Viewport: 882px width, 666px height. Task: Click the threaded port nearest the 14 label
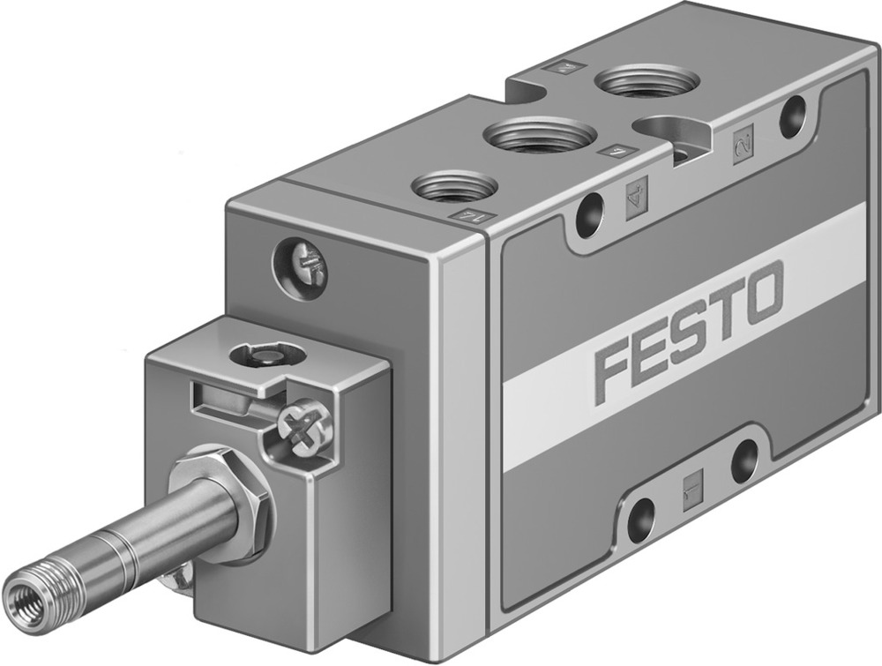point(455,186)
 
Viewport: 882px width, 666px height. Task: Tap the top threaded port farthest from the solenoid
point(647,84)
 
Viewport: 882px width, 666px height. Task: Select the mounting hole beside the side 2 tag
point(793,116)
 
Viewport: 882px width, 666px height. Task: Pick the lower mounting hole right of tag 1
point(744,460)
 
